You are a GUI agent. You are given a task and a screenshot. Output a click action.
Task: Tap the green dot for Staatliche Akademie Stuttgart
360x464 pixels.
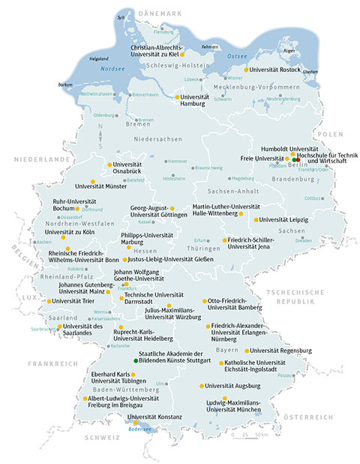[x=136, y=361]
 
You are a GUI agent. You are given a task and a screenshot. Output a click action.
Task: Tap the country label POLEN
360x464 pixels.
[x=328, y=133]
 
